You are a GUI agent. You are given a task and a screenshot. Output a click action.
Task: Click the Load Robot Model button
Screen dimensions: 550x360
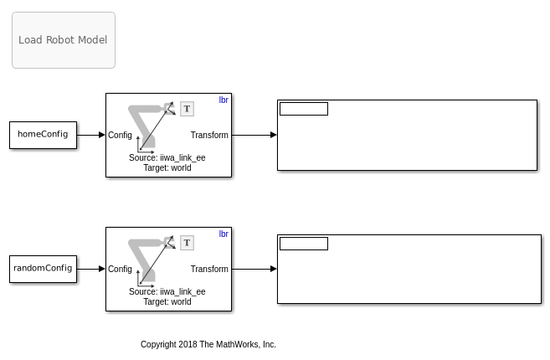[64, 40]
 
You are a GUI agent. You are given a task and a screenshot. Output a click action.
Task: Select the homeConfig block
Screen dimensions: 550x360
[44, 135]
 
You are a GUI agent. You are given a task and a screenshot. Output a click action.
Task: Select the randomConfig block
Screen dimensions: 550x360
[44, 269]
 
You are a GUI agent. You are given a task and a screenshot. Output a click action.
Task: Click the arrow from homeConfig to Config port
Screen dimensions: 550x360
[91, 135]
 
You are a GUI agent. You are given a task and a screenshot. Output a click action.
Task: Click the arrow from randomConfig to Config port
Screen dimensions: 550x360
[91, 269]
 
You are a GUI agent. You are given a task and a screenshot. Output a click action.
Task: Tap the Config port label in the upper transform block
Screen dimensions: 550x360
[120, 135]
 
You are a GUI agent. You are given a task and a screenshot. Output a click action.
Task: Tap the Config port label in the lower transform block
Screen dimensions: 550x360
[120, 269]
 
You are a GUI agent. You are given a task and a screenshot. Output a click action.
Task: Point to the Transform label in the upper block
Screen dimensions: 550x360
[209, 135]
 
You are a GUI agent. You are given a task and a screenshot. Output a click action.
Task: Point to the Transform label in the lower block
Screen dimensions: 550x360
[209, 269]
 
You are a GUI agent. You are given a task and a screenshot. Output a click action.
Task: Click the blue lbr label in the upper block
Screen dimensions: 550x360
[224, 100]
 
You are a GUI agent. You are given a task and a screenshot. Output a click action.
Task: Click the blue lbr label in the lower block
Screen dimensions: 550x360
[224, 234]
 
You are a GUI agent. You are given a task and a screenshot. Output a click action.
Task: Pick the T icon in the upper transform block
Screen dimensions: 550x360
[187, 109]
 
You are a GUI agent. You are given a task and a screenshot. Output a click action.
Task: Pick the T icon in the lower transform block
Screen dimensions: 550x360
[187, 243]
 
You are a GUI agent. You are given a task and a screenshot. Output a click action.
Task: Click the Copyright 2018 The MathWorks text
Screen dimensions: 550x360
[208, 345]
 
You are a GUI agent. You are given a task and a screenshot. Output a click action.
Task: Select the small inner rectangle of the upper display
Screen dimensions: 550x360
[304, 109]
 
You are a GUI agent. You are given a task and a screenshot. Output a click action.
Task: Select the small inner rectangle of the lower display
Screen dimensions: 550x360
[304, 244]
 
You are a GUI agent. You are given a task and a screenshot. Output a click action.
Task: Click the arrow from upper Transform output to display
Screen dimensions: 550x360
[254, 135]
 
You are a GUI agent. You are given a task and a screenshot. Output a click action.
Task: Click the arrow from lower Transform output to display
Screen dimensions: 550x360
[254, 269]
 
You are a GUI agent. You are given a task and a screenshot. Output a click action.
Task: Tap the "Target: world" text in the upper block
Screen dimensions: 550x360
[167, 168]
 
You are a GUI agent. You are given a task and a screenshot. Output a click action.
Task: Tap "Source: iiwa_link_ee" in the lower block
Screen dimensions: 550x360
[167, 292]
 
